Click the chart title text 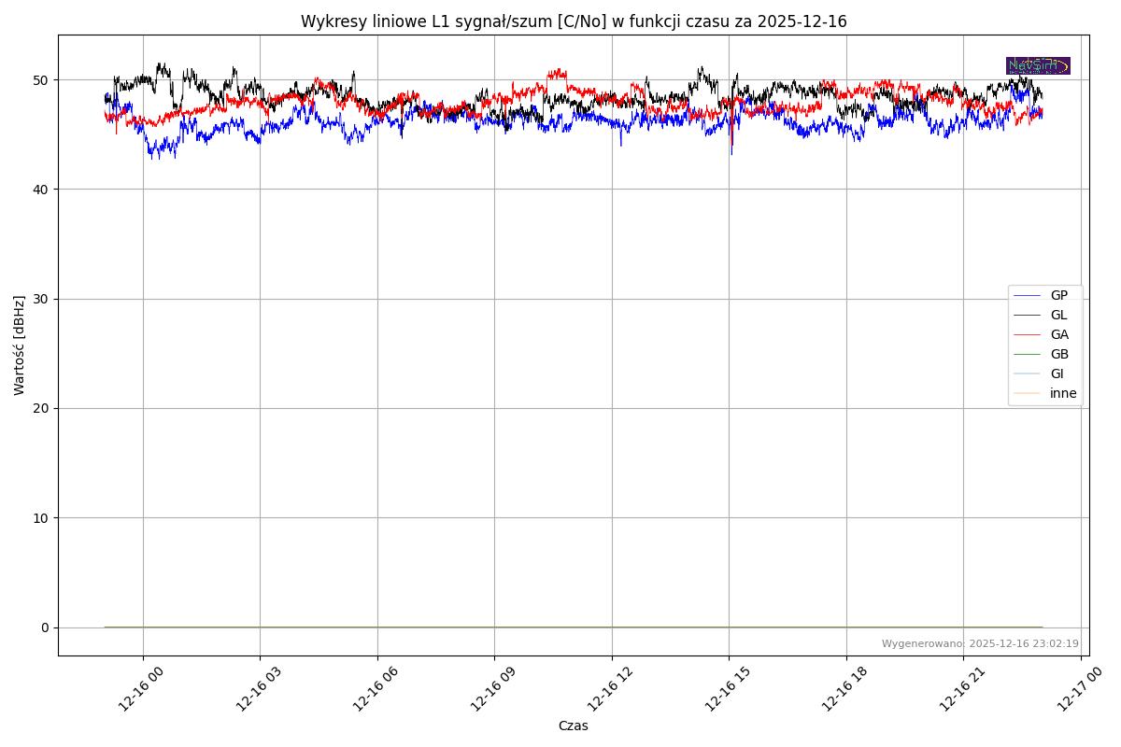point(574,21)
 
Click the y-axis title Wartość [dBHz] point(21,345)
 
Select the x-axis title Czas point(573,726)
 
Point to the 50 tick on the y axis point(42,80)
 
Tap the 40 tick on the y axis point(42,190)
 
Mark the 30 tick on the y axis point(42,299)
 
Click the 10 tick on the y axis point(42,518)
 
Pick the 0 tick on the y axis point(45,627)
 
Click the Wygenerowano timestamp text point(980,643)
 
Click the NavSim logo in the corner point(1038,65)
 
